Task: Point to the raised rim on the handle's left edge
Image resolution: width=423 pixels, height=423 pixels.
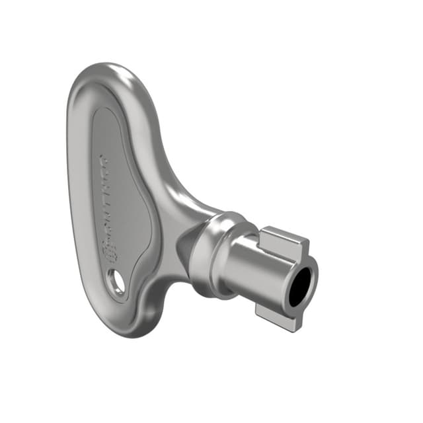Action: (75, 198)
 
